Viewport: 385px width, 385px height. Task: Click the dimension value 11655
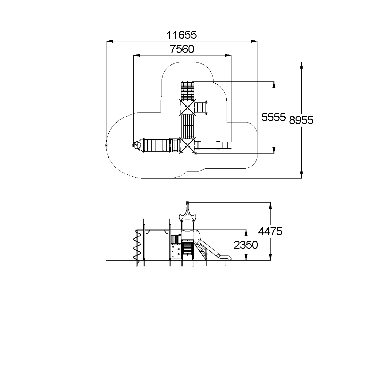point(182,35)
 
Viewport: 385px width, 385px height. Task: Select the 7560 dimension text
point(182,49)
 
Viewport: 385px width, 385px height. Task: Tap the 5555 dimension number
point(273,117)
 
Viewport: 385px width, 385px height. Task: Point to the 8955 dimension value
point(301,120)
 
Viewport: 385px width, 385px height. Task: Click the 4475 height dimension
point(270,231)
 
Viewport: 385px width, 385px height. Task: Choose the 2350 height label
point(246,245)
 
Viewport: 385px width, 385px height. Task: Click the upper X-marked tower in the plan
point(188,107)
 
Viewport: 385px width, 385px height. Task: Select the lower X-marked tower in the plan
point(188,145)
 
